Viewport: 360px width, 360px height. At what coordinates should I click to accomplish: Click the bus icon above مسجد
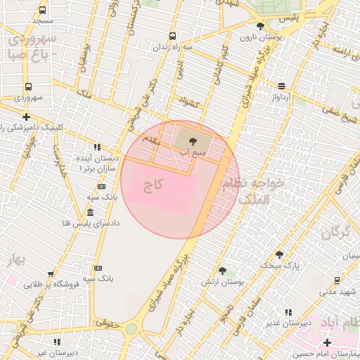tap(43, 11)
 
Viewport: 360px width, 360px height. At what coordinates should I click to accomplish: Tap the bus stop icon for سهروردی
tap(28, 86)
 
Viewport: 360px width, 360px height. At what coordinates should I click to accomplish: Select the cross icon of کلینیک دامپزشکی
tap(27, 117)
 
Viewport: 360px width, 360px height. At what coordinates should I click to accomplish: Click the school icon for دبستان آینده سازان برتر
tap(97, 147)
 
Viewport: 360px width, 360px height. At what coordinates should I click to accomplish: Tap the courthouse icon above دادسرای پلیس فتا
tap(91, 213)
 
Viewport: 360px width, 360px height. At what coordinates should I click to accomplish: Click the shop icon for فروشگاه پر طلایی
tap(50, 275)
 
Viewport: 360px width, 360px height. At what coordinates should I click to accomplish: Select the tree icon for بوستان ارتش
tap(222, 271)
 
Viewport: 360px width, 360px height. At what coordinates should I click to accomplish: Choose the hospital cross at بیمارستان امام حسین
tap(327, 342)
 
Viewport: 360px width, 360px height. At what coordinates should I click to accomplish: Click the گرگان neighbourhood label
tap(341, 233)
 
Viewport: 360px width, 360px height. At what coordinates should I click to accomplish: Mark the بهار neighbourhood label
tap(15, 260)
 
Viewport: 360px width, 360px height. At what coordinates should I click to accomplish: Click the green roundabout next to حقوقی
tap(131, 328)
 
